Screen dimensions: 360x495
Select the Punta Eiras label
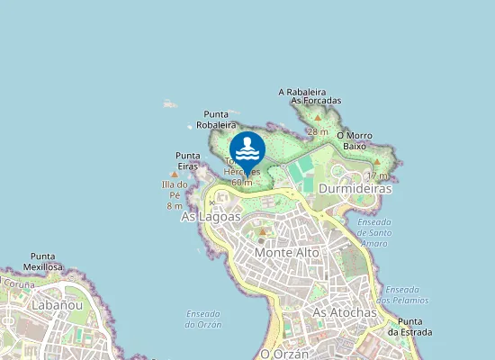click(x=188, y=160)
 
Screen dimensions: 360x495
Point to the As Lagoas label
click(x=211, y=217)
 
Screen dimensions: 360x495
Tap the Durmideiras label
click(x=355, y=190)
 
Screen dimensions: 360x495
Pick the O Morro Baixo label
click(x=354, y=140)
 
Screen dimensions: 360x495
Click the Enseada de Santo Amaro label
click(x=374, y=232)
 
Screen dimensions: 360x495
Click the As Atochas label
click(x=344, y=312)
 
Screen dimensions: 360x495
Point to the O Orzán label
click(x=283, y=354)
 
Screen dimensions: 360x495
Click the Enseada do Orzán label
click(x=202, y=319)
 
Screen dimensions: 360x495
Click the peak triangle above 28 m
click(x=318, y=118)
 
